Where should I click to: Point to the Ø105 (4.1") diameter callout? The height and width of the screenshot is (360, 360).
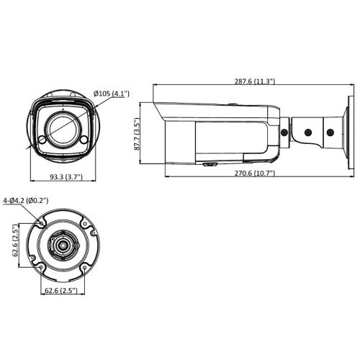[111, 93]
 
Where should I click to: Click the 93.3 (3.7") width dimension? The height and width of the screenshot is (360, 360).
[62, 176]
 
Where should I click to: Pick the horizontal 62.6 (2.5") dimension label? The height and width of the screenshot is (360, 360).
[62, 290]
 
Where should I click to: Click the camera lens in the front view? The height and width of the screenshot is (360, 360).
[57, 128]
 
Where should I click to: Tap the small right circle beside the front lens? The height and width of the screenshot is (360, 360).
[81, 138]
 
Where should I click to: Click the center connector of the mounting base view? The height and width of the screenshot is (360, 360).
[63, 246]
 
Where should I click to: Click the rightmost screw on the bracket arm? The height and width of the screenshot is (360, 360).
[329, 132]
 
